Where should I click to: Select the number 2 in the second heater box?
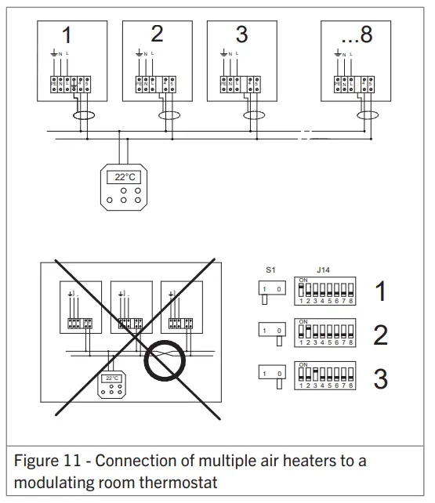[x=157, y=34]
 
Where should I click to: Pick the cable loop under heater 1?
[x=82, y=116]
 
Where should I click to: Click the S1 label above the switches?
[x=270, y=269]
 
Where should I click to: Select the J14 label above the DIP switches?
[x=322, y=269]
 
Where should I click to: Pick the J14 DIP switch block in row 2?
[x=324, y=334]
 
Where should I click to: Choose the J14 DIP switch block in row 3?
[x=324, y=377]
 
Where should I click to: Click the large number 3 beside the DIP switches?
[x=381, y=378]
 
